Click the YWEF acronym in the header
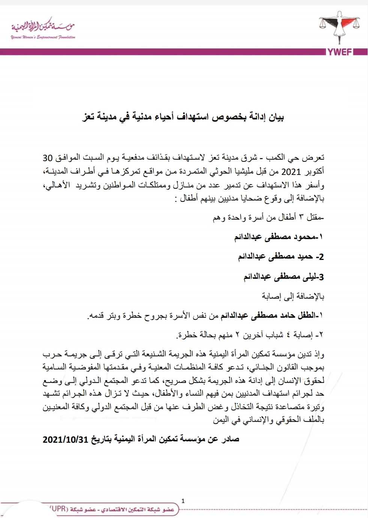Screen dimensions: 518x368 (340, 52)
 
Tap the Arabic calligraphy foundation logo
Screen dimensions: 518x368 (43, 25)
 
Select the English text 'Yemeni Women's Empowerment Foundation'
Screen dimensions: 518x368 (43, 37)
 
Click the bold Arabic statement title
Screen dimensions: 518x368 (183, 117)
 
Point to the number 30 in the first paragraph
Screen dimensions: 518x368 (48, 158)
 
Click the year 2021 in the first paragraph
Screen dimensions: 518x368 (291, 172)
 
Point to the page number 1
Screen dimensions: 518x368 (183, 501)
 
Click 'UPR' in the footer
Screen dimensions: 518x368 (57, 509)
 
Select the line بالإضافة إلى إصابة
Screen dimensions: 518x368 (293, 297)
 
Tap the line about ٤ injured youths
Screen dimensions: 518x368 (250, 335)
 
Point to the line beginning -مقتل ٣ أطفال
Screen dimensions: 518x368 (269, 217)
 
